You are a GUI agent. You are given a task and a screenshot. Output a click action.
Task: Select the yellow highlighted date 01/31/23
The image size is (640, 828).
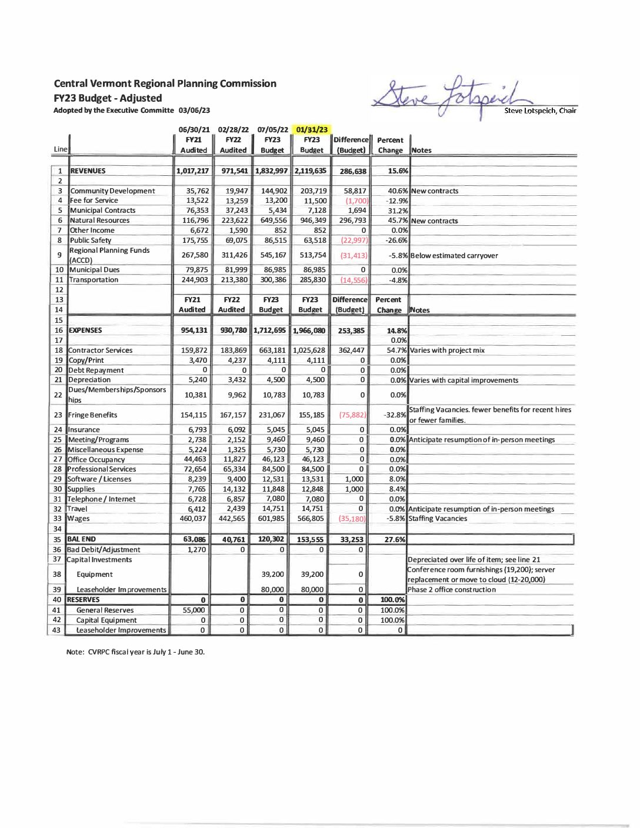pos(312,129)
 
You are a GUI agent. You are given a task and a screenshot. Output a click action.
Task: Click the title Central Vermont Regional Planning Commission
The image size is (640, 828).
pos(165,84)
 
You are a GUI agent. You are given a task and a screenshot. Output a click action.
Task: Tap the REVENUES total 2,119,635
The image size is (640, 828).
pos(311,171)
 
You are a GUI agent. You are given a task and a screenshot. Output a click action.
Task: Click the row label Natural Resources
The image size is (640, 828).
pos(100,221)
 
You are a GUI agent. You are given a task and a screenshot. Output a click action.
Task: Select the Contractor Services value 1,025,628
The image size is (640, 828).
pos(309,350)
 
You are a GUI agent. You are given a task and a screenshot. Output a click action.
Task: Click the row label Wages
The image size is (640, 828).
pos(79,519)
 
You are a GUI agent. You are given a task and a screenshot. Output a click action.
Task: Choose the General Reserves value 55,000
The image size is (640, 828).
pos(194,610)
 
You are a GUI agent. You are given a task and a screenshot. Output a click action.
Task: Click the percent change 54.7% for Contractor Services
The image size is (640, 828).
pos(397,350)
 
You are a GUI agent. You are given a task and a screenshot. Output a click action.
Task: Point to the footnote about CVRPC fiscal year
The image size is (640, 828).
pos(135,652)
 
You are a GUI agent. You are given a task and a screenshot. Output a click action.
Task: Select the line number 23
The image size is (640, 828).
pos(58,415)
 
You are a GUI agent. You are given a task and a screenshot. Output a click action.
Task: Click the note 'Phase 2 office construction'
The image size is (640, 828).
pos(451,590)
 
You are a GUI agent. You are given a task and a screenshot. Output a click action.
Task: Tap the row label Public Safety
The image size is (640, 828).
pos(91,241)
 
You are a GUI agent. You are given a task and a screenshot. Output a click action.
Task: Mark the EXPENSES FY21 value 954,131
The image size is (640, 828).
pos(194,330)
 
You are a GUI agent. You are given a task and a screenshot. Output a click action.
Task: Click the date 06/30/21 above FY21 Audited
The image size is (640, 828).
pos(194,129)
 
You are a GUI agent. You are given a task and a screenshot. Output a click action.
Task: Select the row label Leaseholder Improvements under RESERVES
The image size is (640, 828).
pos(121,630)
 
